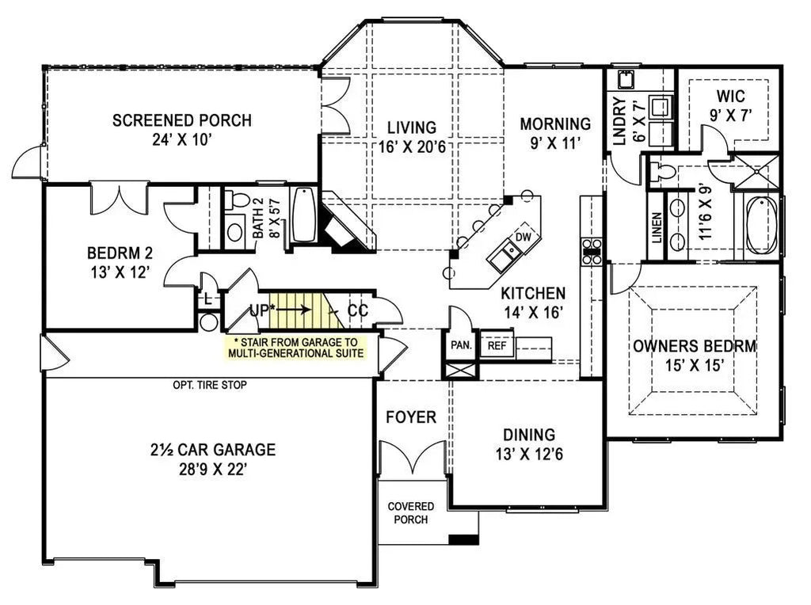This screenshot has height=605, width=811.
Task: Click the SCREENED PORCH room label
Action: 181,120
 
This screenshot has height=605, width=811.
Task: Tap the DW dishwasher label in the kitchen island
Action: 523,237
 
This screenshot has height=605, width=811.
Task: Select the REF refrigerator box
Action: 497,345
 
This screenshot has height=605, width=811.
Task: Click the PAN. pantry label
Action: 460,345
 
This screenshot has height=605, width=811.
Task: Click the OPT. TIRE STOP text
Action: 209,386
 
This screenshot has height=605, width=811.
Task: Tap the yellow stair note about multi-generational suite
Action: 296,348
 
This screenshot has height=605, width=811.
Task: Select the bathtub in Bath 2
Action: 304,215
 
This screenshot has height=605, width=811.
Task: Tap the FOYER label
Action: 410,417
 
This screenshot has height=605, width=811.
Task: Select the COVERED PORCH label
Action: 410,513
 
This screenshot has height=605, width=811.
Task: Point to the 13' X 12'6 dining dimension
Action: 529,455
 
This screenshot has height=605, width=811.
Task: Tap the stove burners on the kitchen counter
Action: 592,251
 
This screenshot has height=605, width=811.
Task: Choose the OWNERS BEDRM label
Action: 694,346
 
